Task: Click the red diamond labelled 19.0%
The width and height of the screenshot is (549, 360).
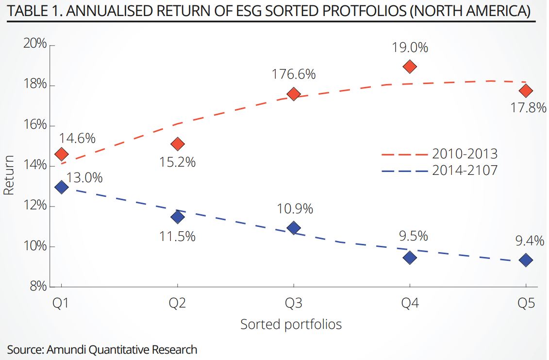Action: click(x=410, y=67)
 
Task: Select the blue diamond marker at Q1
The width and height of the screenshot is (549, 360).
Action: click(x=62, y=187)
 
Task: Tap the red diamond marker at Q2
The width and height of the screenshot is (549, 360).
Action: click(x=178, y=144)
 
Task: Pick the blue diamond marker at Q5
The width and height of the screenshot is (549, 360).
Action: click(x=526, y=260)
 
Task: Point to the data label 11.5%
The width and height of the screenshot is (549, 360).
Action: click(x=178, y=236)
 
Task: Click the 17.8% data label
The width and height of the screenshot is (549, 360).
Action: click(x=528, y=107)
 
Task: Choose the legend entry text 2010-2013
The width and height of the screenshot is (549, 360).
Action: click(x=465, y=154)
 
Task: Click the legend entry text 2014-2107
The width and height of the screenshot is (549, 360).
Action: click(x=465, y=171)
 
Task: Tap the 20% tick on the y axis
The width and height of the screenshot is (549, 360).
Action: click(x=34, y=44)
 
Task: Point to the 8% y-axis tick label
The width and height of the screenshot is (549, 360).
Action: click(x=38, y=287)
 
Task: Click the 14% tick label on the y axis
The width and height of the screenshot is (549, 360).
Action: click(x=34, y=166)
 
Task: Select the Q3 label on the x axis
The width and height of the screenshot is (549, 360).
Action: click(x=293, y=304)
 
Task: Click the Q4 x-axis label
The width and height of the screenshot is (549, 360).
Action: click(x=410, y=304)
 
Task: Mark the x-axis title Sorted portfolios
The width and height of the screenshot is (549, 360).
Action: click(x=291, y=324)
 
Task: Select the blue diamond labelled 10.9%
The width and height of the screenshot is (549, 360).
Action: click(x=294, y=228)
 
